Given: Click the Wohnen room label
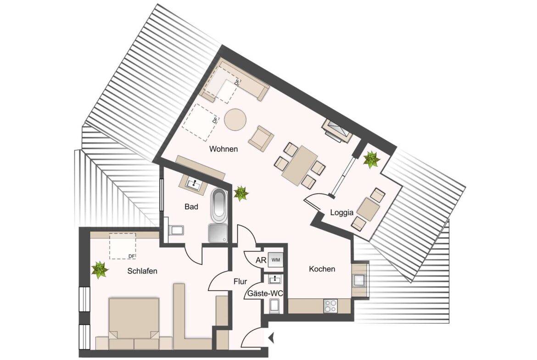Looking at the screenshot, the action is click(224, 149).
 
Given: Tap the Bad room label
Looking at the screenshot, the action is click(191, 207).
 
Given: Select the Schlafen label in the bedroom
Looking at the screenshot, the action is click(142, 271).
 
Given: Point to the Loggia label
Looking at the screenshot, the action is click(341, 212).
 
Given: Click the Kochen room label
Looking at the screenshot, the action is click(322, 269).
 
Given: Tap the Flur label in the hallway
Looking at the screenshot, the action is click(240, 282).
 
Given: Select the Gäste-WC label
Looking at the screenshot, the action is click(265, 294).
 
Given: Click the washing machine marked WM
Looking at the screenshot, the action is click(276, 260).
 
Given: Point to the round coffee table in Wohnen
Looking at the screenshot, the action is click(235, 120).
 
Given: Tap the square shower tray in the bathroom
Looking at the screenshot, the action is click(218, 234).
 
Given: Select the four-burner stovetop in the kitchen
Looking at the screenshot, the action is click(330, 305).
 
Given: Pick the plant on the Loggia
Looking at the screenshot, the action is click(371, 160).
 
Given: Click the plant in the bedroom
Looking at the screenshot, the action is click(100, 270).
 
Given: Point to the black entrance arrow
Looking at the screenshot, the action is click(271, 338).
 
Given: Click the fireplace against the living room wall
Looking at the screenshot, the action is click(337, 131).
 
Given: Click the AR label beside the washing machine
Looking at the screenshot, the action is click(261, 260).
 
